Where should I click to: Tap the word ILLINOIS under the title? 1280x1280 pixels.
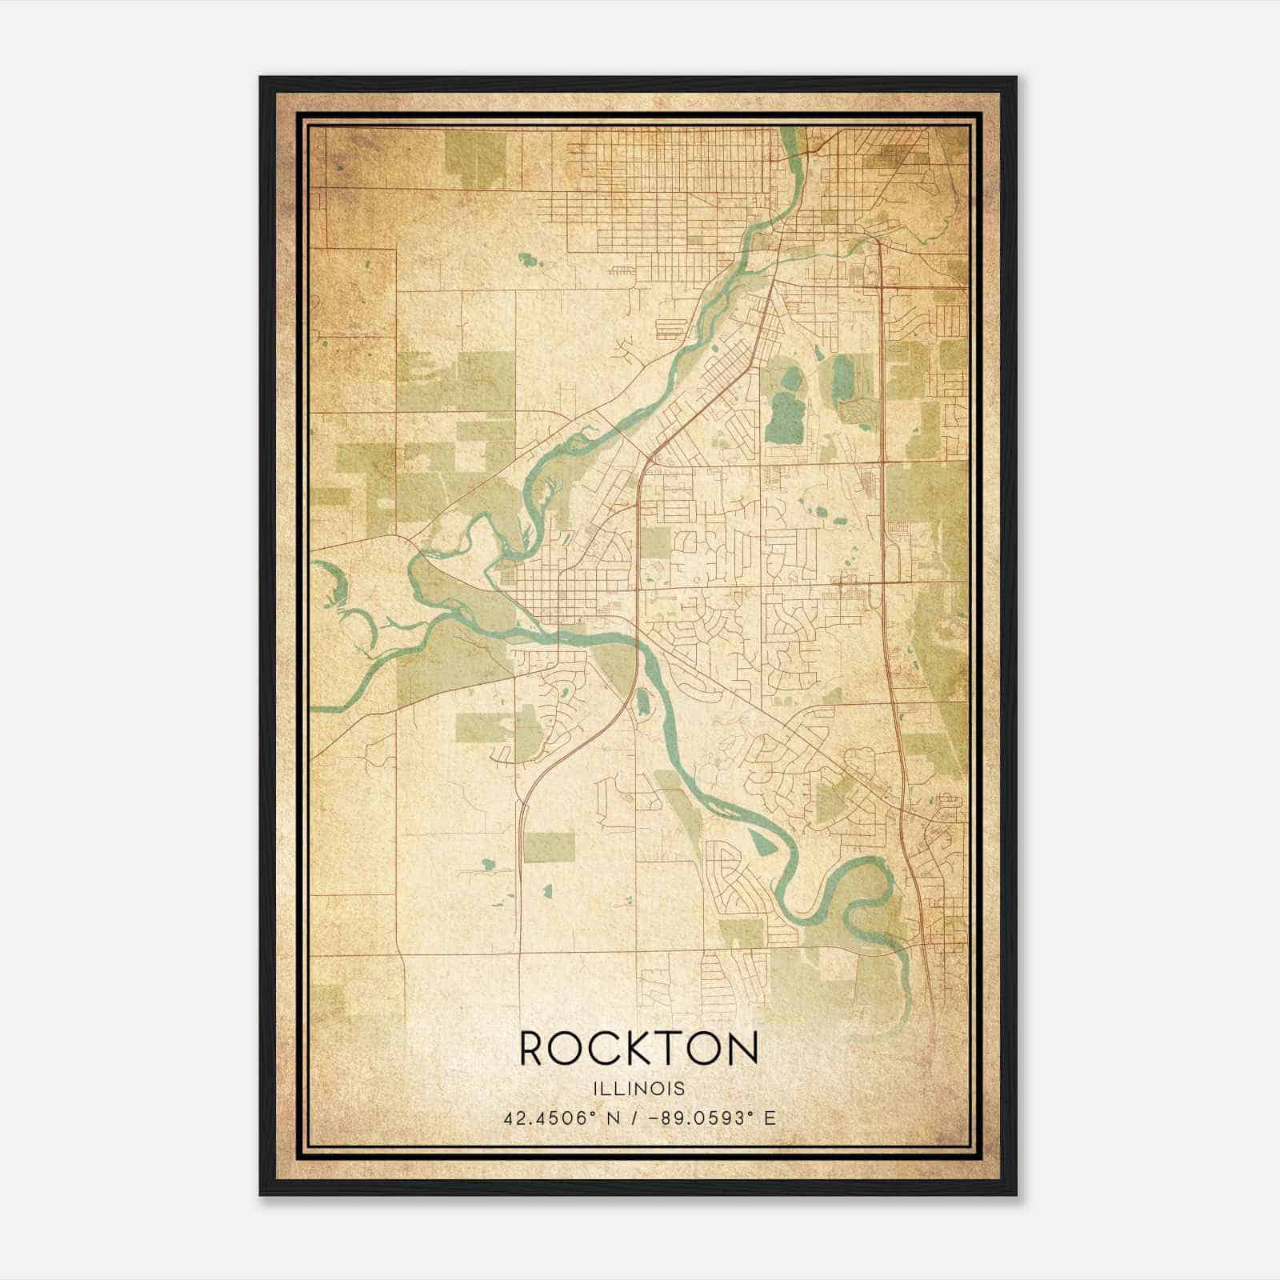[638, 1088]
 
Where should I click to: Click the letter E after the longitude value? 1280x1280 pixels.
[770, 1118]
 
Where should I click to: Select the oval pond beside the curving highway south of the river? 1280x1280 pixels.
[642, 703]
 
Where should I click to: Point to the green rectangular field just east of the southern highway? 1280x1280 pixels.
[550, 846]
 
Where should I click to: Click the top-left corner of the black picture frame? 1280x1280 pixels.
[261, 78]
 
